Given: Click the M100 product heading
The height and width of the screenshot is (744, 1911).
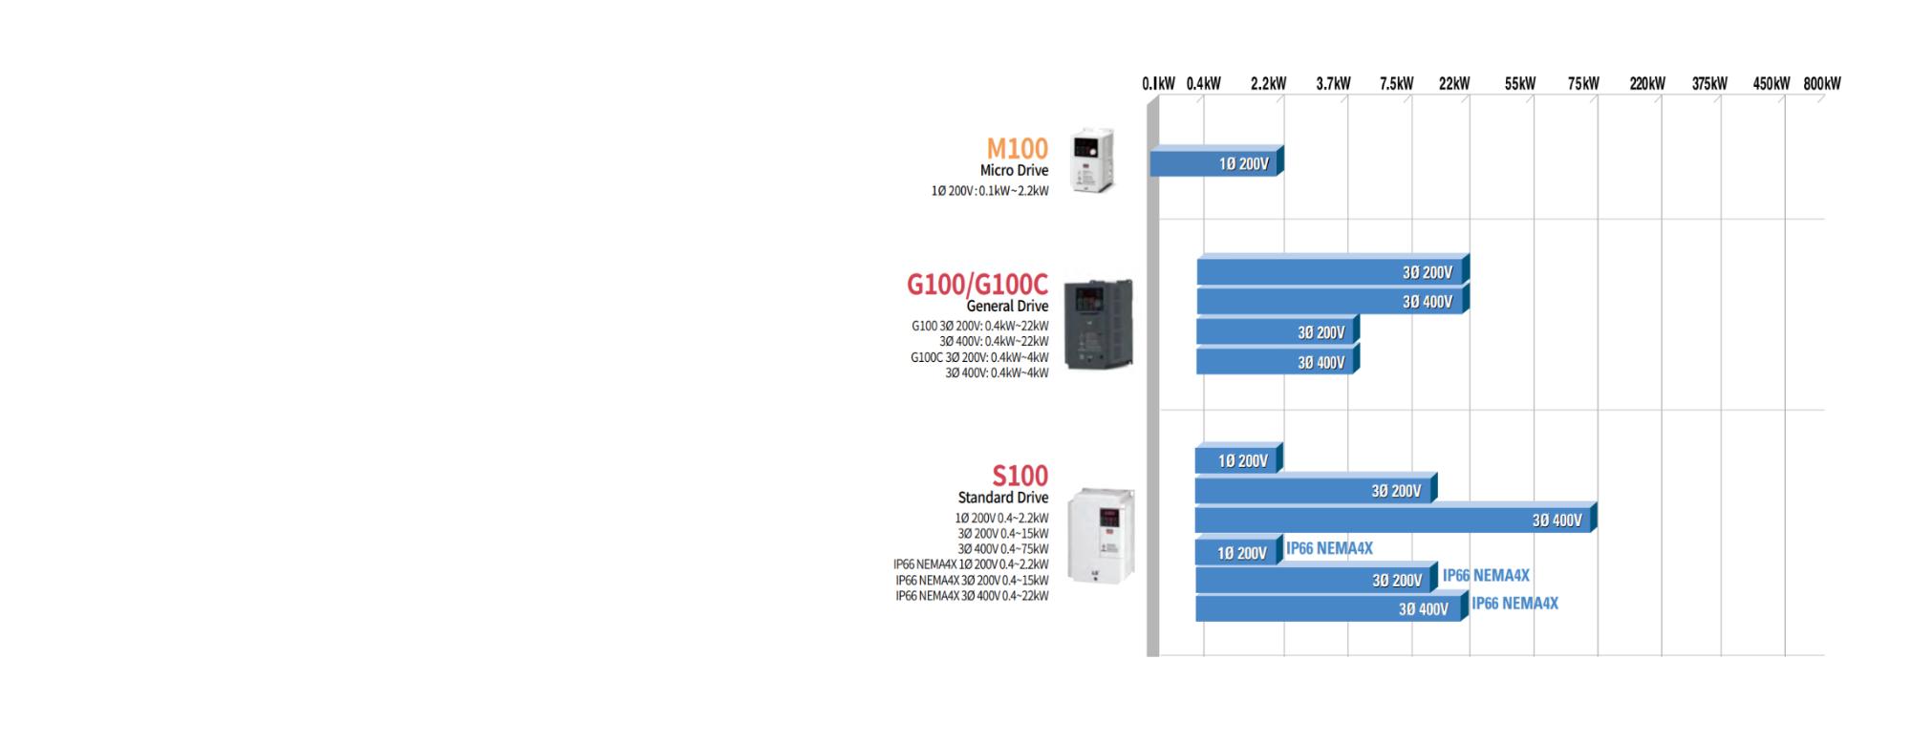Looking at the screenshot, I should [1017, 149].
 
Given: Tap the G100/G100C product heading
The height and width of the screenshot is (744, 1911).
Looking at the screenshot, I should [977, 285].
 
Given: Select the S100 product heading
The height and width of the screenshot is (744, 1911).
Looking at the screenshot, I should [1020, 476].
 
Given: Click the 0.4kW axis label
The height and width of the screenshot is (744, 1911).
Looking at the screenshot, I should [1203, 84].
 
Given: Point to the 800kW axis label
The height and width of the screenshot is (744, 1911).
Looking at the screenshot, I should [1821, 84].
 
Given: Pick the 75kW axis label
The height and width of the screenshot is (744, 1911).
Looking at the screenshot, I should [1582, 84].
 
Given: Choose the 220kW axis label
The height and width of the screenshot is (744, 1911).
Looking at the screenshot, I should [1646, 84].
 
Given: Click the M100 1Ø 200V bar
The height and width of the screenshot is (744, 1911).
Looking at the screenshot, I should [1215, 163].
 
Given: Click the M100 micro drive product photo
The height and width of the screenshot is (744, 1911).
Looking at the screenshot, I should [1092, 160].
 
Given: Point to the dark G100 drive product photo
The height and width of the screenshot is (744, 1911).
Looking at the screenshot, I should [1098, 325].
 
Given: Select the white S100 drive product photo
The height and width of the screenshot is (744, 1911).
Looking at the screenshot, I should [1101, 535].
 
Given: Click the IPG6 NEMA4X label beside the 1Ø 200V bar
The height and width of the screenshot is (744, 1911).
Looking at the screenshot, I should [1329, 548].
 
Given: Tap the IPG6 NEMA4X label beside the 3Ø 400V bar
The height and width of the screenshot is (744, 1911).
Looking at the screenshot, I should [1514, 604].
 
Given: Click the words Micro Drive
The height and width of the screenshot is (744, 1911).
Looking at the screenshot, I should [1014, 171].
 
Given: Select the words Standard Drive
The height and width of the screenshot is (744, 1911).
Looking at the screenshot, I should [1002, 498].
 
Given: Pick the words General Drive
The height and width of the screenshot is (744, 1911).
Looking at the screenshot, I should [1007, 307].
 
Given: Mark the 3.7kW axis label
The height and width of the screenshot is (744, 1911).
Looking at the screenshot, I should [1333, 84].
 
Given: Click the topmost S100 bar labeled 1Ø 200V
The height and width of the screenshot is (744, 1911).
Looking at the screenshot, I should [1237, 460].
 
